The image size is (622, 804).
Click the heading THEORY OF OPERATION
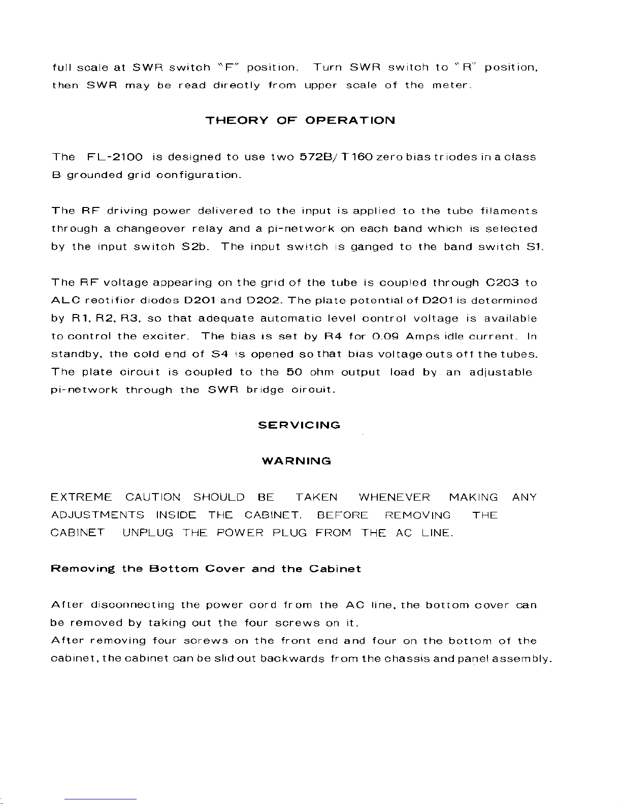pyautogui.click(x=300, y=121)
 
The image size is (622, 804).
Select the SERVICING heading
pyautogui.click(x=299, y=425)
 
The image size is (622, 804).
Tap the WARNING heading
pyautogui.click(x=297, y=461)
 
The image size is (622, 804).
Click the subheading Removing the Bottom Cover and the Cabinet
pyautogui.click(x=206, y=569)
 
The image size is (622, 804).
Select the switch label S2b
pyautogui.click(x=192, y=247)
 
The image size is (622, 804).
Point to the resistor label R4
pyautogui.click(x=333, y=336)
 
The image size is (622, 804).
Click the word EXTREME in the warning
pyautogui.click(x=81, y=498)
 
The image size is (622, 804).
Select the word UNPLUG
pyautogui.click(x=148, y=533)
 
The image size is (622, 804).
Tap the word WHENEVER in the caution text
pyautogui.click(x=394, y=498)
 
